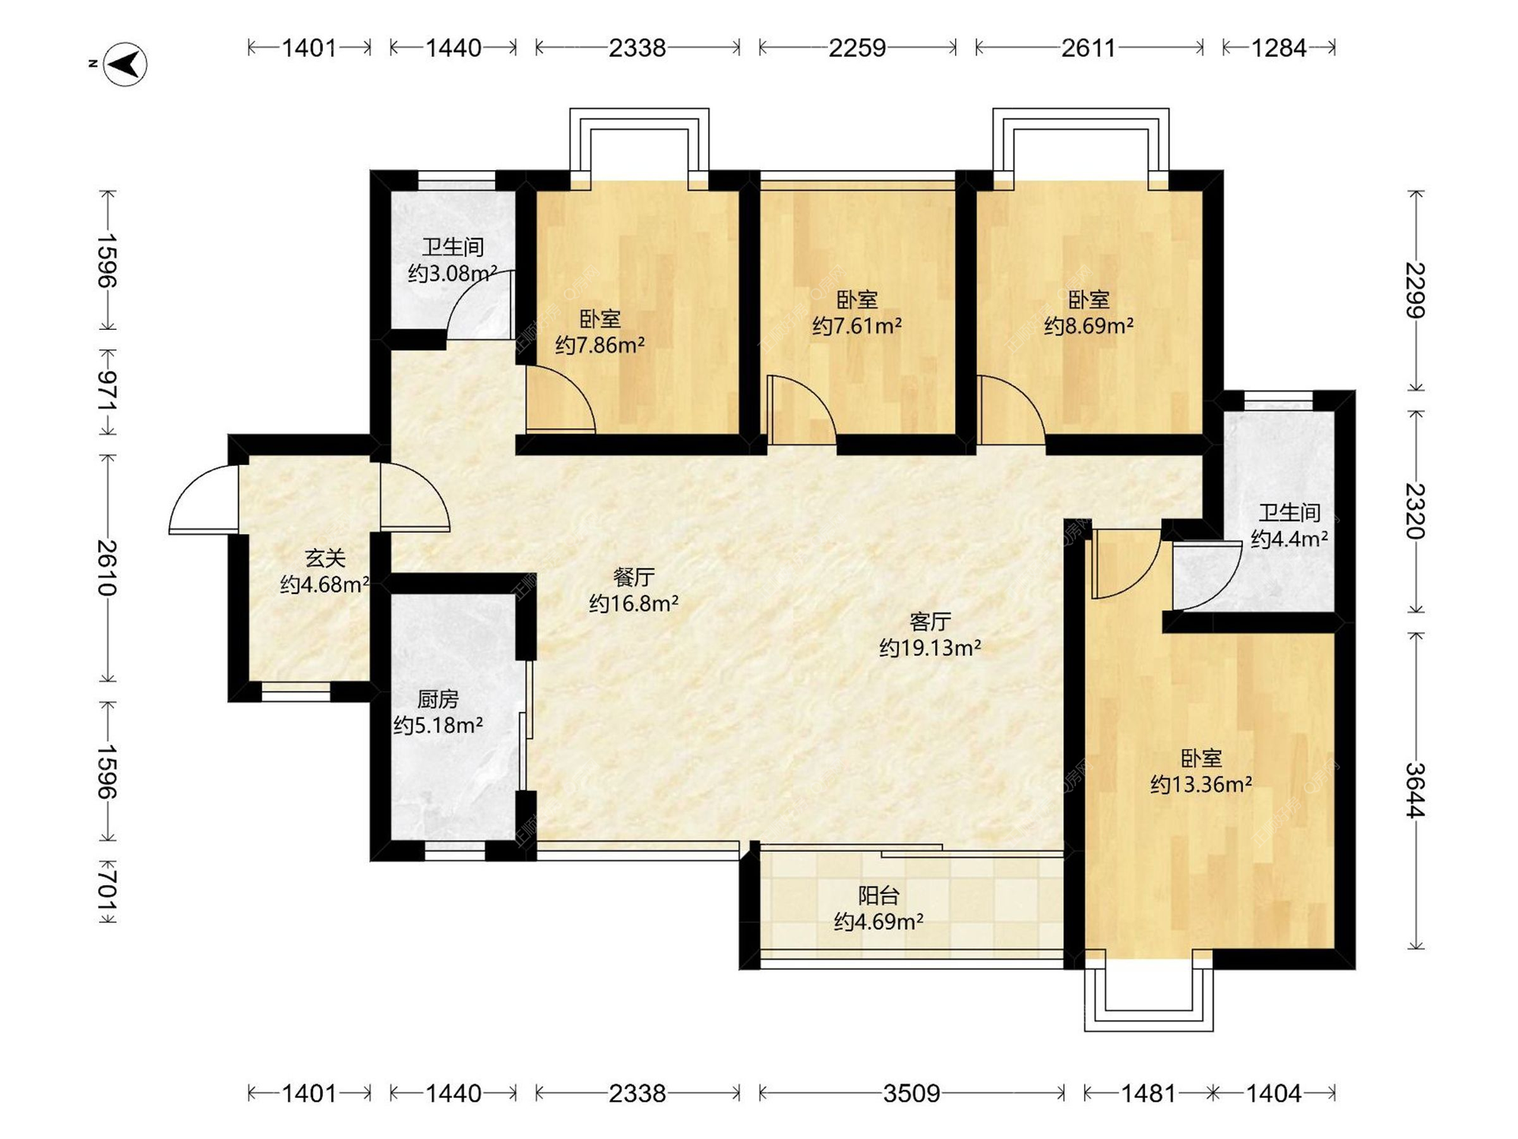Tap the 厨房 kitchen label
click(x=437, y=699)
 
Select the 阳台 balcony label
click(x=878, y=895)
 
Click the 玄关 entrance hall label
click(x=325, y=558)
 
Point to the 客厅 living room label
click(x=930, y=622)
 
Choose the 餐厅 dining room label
click(x=633, y=577)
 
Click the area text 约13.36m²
click(x=1201, y=785)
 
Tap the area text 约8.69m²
click(x=1089, y=326)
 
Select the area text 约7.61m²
click(x=857, y=326)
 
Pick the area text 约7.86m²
click(x=599, y=346)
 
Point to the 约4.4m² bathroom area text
click(x=1289, y=539)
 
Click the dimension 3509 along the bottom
click(x=912, y=1093)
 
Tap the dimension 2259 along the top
click(x=857, y=48)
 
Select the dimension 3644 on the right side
click(x=1416, y=790)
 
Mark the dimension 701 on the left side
click(x=108, y=891)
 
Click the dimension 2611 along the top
click(x=1089, y=48)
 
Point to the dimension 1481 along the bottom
click(x=1148, y=1093)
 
